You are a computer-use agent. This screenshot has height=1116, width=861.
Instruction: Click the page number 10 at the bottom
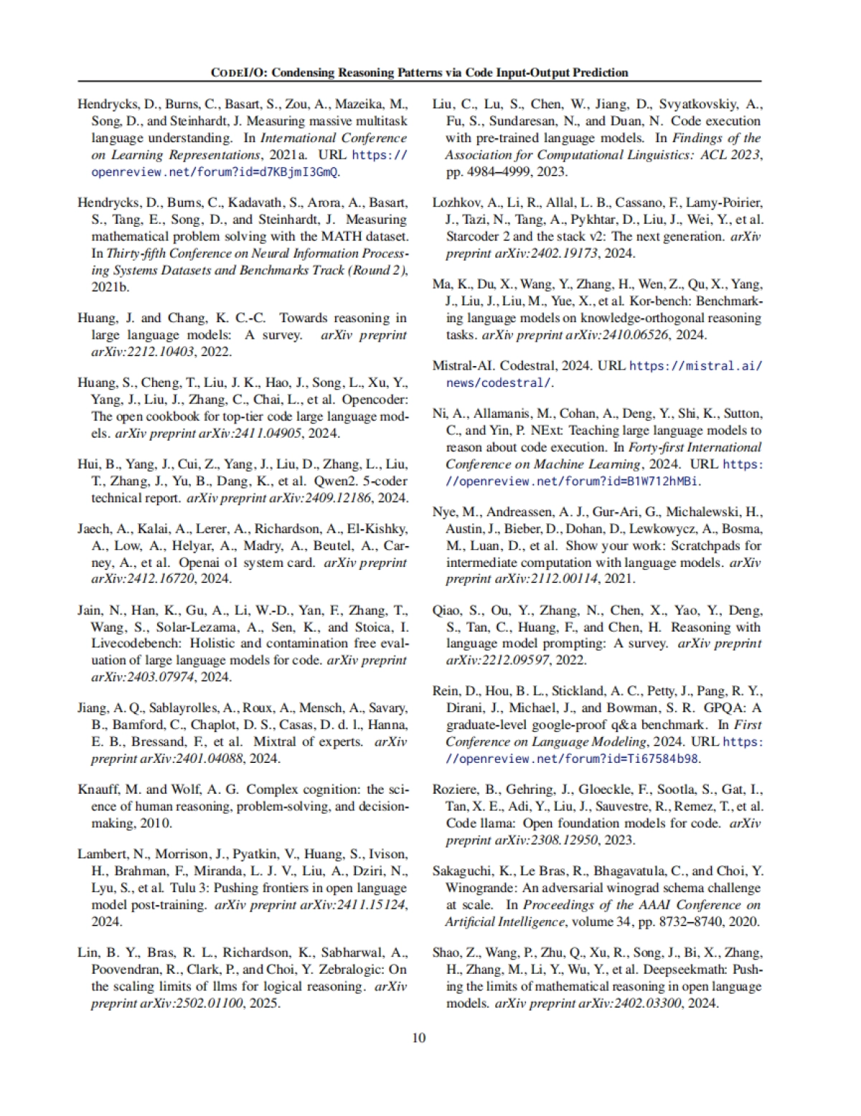pyautogui.click(x=419, y=1038)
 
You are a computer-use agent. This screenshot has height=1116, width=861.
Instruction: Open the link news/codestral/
pyautogui.click(x=499, y=383)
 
